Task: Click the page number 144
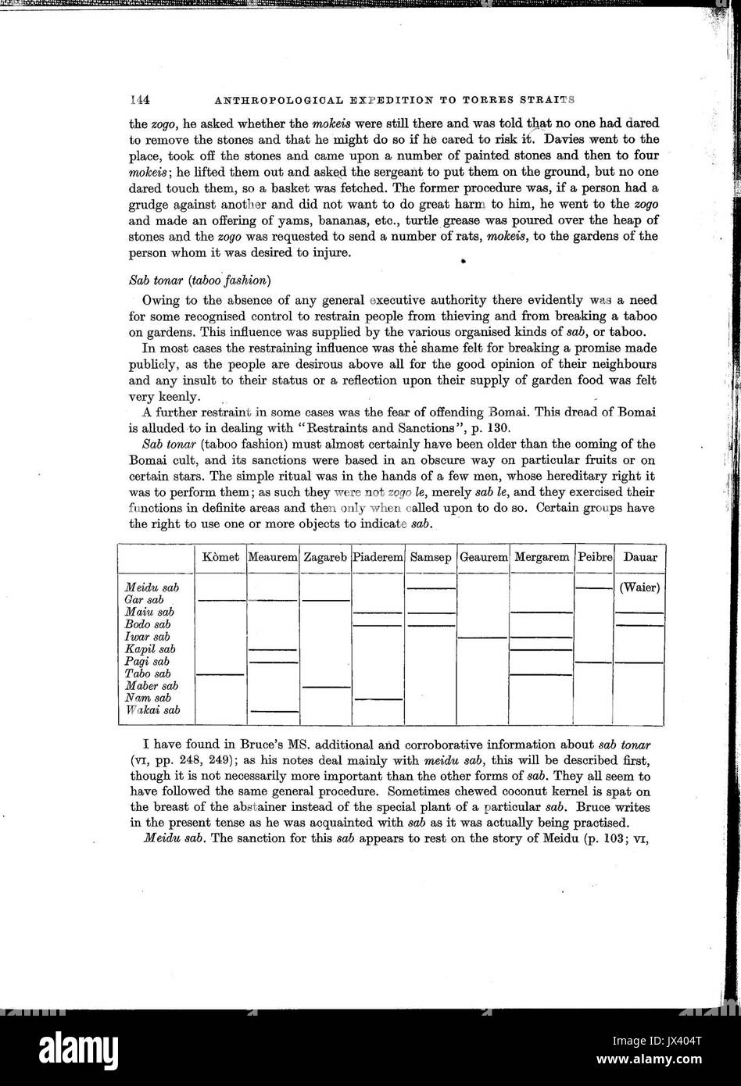point(139,100)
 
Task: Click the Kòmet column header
point(220,558)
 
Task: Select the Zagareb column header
point(325,558)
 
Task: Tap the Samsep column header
point(431,558)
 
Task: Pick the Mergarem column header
point(542,558)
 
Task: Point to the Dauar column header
point(639,558)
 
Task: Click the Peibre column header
point(595,558)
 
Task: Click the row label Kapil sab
point(150,649)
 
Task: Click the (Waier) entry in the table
point(639,588)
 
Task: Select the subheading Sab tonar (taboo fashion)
point(199,280)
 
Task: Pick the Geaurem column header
point(483,558)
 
